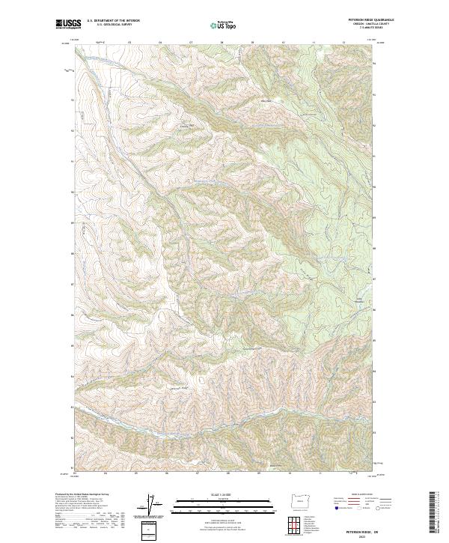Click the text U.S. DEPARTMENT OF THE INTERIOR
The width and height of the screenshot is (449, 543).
point(113,21)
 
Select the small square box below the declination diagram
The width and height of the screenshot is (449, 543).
point(150,529)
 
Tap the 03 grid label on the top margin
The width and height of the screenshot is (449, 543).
point(130,43)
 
